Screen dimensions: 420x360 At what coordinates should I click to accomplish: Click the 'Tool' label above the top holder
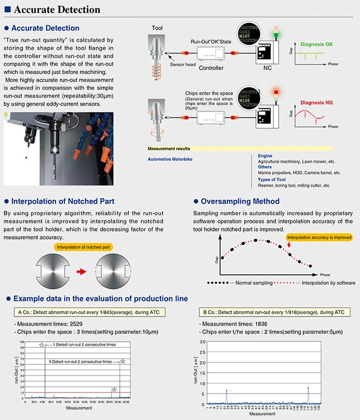[158, 28]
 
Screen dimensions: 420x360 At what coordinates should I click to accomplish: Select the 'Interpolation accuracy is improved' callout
[319, 237]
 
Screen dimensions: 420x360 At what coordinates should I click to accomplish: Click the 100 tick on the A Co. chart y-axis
[21, 342]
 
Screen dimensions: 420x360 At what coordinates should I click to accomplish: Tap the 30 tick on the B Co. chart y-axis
[203, 342]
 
